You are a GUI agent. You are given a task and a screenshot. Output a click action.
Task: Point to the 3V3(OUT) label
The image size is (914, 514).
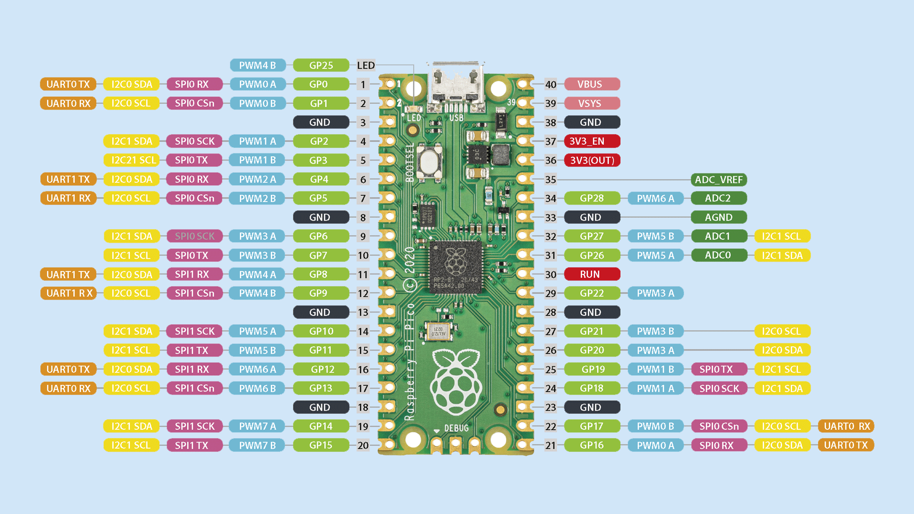tap(592, 161)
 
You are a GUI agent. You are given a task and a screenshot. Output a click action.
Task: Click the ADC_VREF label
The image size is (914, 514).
tap(718, 180)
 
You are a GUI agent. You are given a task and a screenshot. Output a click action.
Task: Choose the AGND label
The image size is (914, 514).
tap(718, 218)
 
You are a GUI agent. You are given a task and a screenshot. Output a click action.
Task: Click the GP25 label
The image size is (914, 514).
tap(321, 65)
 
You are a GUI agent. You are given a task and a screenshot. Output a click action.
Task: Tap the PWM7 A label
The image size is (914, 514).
tap(257, 426)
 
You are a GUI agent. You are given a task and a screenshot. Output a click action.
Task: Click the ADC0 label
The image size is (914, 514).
tap(718, 255)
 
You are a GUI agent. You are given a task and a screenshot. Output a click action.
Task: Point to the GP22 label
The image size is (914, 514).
tap(592, 293)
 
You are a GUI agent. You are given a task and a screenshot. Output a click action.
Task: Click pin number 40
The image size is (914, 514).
tap(551, 84)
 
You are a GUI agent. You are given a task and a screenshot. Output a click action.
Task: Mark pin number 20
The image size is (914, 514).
tap(363, 445)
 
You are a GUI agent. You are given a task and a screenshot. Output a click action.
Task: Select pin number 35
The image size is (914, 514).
tap(551, 180)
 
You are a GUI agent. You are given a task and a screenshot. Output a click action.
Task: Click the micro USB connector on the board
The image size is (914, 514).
tap(456, 86)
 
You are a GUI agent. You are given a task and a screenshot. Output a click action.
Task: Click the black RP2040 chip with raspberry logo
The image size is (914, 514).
tap(456, 267)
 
